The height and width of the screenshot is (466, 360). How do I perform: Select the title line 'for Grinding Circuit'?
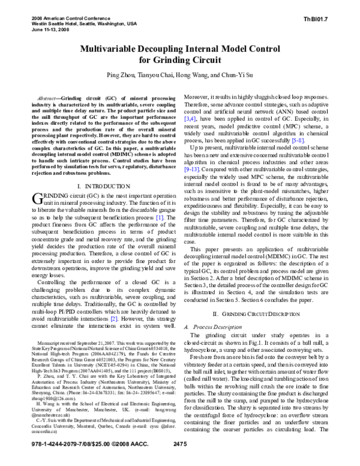(x=180, y=60)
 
